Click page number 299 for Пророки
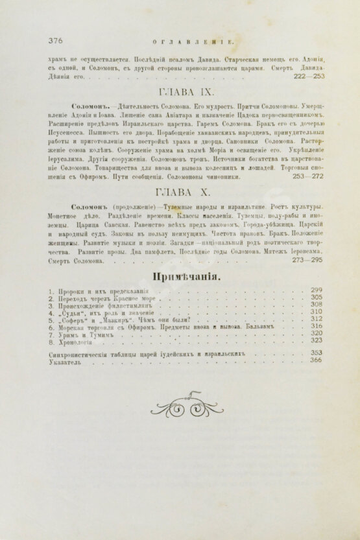tap(317, 290)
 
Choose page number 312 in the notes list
tap(317, 318)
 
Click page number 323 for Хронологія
tap(317, 340)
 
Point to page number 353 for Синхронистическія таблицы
tap(317, 353)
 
